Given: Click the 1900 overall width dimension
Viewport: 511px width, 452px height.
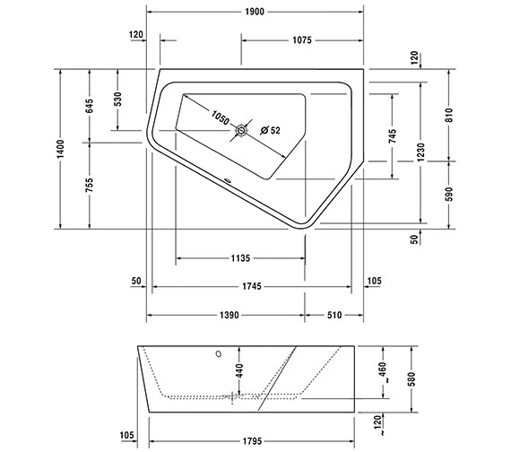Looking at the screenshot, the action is click(x=255, y=12).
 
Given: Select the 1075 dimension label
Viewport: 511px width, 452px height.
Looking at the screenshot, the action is click(x=302, y=40).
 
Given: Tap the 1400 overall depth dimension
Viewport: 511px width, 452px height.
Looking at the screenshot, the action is click(x=61, y=149).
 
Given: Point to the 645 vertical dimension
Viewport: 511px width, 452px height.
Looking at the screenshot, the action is click(x=90, y=106).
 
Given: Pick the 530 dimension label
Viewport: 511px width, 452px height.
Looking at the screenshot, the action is click(x=117, y=100).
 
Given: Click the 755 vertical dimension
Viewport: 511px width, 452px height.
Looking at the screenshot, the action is click(x=90, y=185).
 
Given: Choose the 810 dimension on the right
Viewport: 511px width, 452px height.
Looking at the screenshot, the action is click(x=449, y=115).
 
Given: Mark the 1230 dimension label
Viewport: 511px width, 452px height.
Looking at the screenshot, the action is click(x=420, y=152).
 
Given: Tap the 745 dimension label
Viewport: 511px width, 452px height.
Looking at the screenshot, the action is click(x=393, y=136).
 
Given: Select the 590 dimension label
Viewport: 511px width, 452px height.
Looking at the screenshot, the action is click(x=449, y=194).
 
